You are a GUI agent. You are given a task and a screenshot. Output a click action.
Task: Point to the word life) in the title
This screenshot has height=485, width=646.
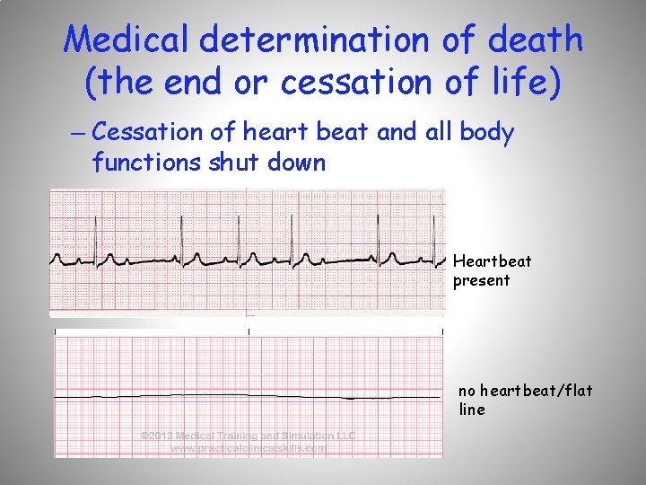pyautogui.click(x=520, y=83)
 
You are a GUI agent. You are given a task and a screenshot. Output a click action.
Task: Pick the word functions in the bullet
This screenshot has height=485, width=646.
pyautogui.click(x=146, y=163)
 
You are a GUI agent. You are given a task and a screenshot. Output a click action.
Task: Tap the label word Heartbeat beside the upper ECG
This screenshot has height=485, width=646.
pyautogui.click(x=492, y=261)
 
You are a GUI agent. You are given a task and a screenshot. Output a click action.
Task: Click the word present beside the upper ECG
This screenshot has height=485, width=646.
pyautogui.click(x=481, y=280)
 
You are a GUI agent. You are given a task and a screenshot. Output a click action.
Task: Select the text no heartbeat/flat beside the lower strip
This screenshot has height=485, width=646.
pyautogui.click(x=525, y=391)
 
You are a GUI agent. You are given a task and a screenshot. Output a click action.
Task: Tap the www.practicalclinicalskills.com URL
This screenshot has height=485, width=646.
pyautogui.click(x=249, y=447)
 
